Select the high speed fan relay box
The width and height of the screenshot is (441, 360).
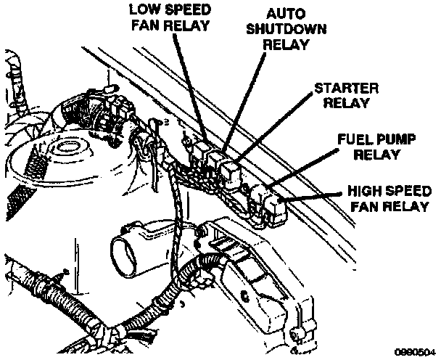(276, 206)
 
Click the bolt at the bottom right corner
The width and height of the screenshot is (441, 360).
(295, 335)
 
